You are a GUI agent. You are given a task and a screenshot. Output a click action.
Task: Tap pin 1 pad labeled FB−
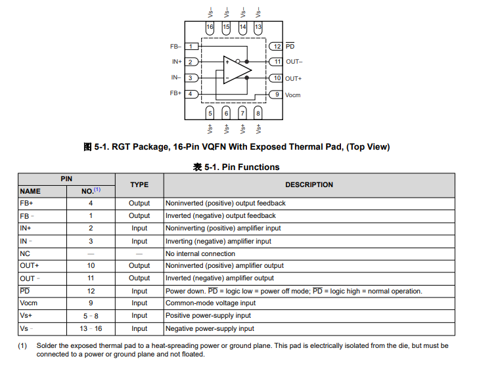(191, 46)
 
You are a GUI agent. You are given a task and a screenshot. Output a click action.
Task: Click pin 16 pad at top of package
(210, 27)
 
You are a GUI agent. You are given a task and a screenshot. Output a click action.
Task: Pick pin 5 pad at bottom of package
(210, 113)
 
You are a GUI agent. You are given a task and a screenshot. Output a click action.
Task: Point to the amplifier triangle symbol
(237, 69)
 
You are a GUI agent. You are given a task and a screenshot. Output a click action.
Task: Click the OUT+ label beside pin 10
(294, 79)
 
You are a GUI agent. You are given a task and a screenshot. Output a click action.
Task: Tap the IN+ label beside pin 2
(177, 62)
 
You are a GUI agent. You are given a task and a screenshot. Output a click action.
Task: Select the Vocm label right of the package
(293, 95)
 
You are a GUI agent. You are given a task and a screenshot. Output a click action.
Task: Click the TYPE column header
(139, 185)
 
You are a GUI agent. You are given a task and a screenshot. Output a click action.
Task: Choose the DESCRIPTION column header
(309, 185)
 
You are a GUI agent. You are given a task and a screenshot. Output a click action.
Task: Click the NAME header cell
(30, 191)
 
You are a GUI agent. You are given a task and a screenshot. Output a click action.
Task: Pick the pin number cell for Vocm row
(91, 303)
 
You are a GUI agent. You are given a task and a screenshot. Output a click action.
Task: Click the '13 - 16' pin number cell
(91, 328)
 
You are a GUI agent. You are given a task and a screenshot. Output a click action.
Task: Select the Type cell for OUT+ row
(139, 266)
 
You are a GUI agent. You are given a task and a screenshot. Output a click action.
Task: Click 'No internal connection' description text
(200, 253)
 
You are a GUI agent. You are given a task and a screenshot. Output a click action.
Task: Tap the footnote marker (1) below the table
(22, 345)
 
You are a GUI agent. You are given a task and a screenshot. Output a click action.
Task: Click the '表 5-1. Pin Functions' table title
(237, 167)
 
